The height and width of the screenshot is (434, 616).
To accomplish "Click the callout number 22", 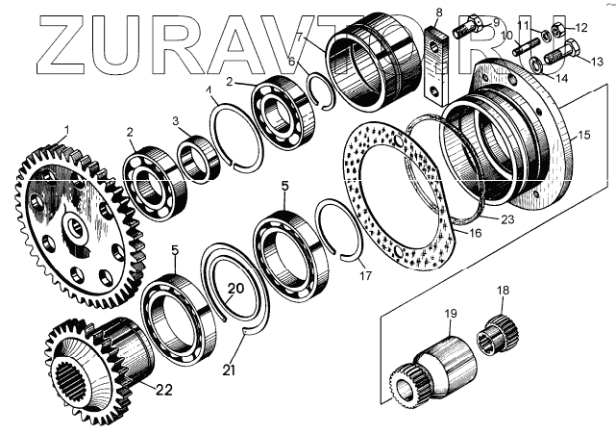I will click(163, 390).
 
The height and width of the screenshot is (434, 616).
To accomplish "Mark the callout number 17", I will click(364, 276).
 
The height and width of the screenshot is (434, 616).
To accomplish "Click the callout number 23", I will click(507, 219).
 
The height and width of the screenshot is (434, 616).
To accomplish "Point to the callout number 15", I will click(582, 137).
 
